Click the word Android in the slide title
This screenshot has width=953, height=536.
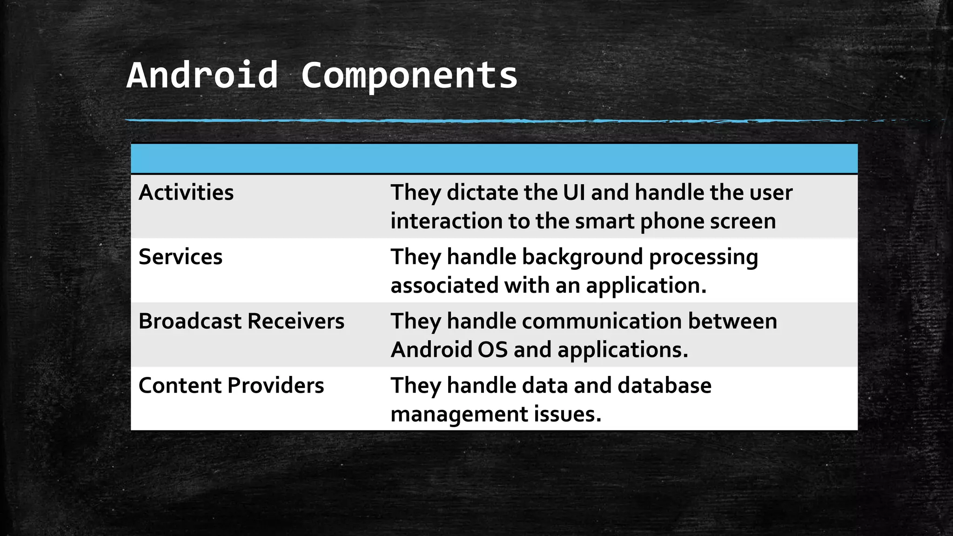(202, 75)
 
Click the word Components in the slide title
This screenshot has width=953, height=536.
(409, 75)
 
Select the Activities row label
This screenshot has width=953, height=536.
(186, 193)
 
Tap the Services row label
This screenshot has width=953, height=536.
(181, 257)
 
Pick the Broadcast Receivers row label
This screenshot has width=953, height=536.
(242, 321)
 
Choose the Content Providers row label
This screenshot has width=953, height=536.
(231, 386)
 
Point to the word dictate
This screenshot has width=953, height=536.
(482, 193)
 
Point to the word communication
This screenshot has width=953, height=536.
(602, 321)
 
